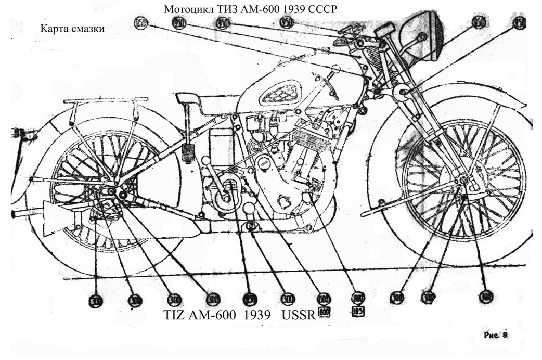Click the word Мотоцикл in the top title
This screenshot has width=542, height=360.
pos(186,10)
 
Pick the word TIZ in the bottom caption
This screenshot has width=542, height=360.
pos(175,315)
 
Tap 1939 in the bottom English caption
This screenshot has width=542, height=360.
pos(255,315)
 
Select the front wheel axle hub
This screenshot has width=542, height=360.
pos(462,181)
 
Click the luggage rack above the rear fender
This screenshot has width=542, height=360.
pos(104,100)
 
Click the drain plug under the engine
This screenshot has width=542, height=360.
pos(251,226)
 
